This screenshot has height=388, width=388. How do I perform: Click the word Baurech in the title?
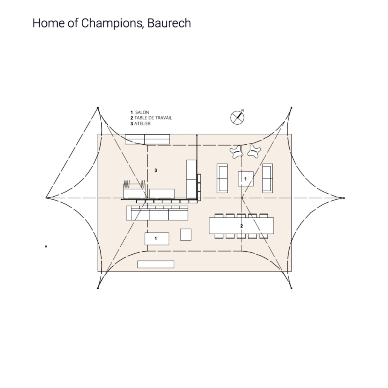[169, 23]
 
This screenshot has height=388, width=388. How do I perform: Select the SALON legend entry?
[140, 112]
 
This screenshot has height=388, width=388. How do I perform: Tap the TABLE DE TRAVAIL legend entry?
[151, 118]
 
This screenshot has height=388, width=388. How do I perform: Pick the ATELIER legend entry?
[141, 124]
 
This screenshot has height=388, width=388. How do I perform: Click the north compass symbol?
[237, 117]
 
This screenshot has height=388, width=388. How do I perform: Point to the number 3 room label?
[156, 170]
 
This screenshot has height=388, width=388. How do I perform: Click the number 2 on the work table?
[241, 226]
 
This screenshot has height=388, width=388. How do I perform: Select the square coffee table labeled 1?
[246, 179]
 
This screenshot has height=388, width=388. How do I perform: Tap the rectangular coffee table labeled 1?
[157, 239]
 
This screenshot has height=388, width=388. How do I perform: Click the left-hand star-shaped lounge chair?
[236, 152]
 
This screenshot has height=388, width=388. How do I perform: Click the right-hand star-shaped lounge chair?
[254, 151]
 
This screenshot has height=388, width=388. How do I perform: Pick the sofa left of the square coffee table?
[222, 178]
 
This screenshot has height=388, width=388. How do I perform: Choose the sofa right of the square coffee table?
[267, 178]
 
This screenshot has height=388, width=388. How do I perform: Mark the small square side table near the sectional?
[186, 235]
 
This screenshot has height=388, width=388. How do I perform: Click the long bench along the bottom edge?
[156, 264]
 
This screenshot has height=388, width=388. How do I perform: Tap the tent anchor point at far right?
[344, 198]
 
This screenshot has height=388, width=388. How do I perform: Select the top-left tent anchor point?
[98, 108]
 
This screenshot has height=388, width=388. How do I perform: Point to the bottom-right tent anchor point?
[291, 288]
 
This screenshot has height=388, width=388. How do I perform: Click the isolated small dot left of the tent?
[46, 246]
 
